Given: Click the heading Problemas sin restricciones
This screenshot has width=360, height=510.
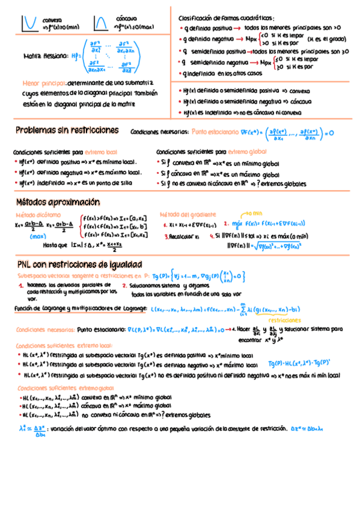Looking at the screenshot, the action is pyautogui.click(x=67, y=130).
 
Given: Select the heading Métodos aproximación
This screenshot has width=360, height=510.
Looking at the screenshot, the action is pyautogui.click(x=58, y=202).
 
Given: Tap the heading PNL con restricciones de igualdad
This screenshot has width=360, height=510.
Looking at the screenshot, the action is pyautogui.click(x=79, y=265).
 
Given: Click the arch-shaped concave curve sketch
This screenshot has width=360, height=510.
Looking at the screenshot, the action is pyautogui.click(x=101, y=23).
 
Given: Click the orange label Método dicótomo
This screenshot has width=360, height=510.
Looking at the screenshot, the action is pyautogui.click(x=38, y=215).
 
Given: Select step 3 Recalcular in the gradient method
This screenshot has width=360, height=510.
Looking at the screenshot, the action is pyautogui.click(x=184, y=236).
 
